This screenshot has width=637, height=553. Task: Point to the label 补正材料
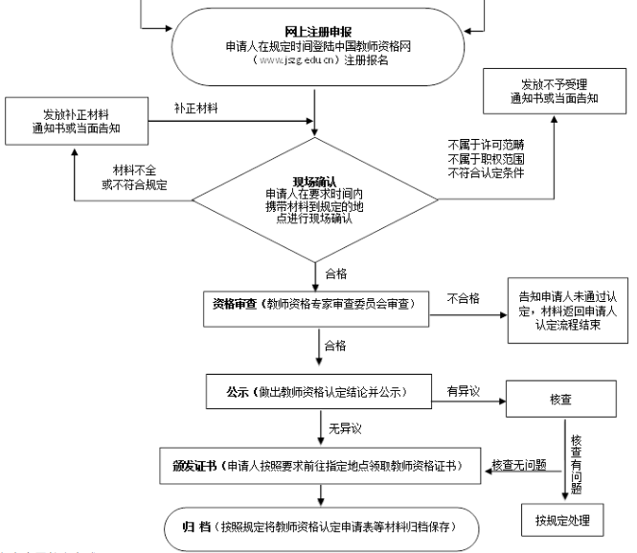coord(196,107)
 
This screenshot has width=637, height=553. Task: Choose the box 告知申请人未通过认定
coord(564,310)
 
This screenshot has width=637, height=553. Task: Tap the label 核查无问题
coord(518,465)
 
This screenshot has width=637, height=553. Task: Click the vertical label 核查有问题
coord(576,461)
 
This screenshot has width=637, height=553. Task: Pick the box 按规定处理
coord(562,521)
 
